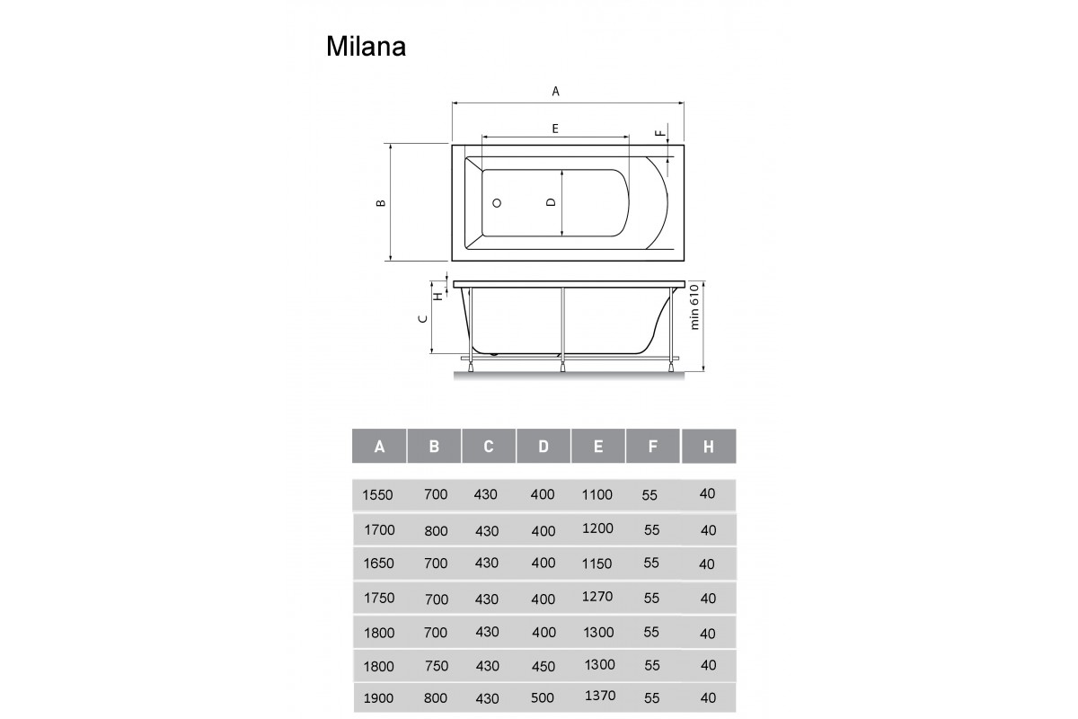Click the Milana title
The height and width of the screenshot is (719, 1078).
point(366,47)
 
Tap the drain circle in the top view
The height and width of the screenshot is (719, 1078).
point(497,203)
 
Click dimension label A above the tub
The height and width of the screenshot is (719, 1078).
point(555,92)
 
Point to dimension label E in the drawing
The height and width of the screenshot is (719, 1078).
point(555,129)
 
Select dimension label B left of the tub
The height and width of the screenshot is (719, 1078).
point(381,203)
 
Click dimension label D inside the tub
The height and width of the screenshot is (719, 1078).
point(551,202)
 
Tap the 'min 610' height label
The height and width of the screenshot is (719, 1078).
point(694,306)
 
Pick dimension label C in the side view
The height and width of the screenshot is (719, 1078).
point(423,318)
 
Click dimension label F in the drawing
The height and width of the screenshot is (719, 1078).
point(659,133)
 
